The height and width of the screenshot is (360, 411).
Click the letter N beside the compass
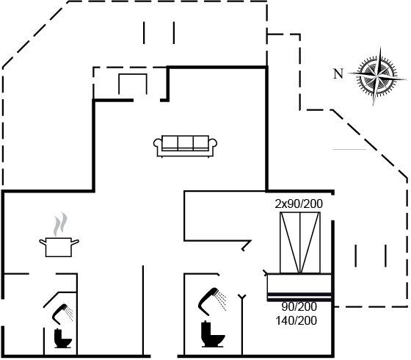click(x=338, y=73)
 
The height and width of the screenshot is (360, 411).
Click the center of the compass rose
click(x=377, y=76)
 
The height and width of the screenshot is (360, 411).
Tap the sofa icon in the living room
click(x=185, y=146)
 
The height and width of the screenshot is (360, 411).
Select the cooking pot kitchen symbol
click(x=59, y=247)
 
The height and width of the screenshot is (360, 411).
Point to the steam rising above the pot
click(x=60, y=224)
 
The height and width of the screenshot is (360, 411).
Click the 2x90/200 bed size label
click(x=299, y=204)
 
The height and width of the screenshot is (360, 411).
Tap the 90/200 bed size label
click(x=299, y=306)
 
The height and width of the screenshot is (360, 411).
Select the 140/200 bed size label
click(x=297, y=320)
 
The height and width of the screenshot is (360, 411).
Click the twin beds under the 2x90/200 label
click(x=300, y=242)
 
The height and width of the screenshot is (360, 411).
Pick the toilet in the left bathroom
click(x=62, y=339)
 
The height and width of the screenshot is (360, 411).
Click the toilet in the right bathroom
click(x=212, y=334)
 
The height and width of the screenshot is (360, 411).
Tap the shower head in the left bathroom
click(x=62, y=314)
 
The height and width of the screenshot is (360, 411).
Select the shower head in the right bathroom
click(x=212, y=301)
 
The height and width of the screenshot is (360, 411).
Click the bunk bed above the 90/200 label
click(x=299, y=287)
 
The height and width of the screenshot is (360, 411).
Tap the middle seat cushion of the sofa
click(x=185, y=143)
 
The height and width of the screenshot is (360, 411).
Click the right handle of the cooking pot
click(x=75, y=242)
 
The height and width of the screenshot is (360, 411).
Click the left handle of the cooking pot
click(x=43, y=242)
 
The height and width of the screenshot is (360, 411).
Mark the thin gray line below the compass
click(x=349, y=150)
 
